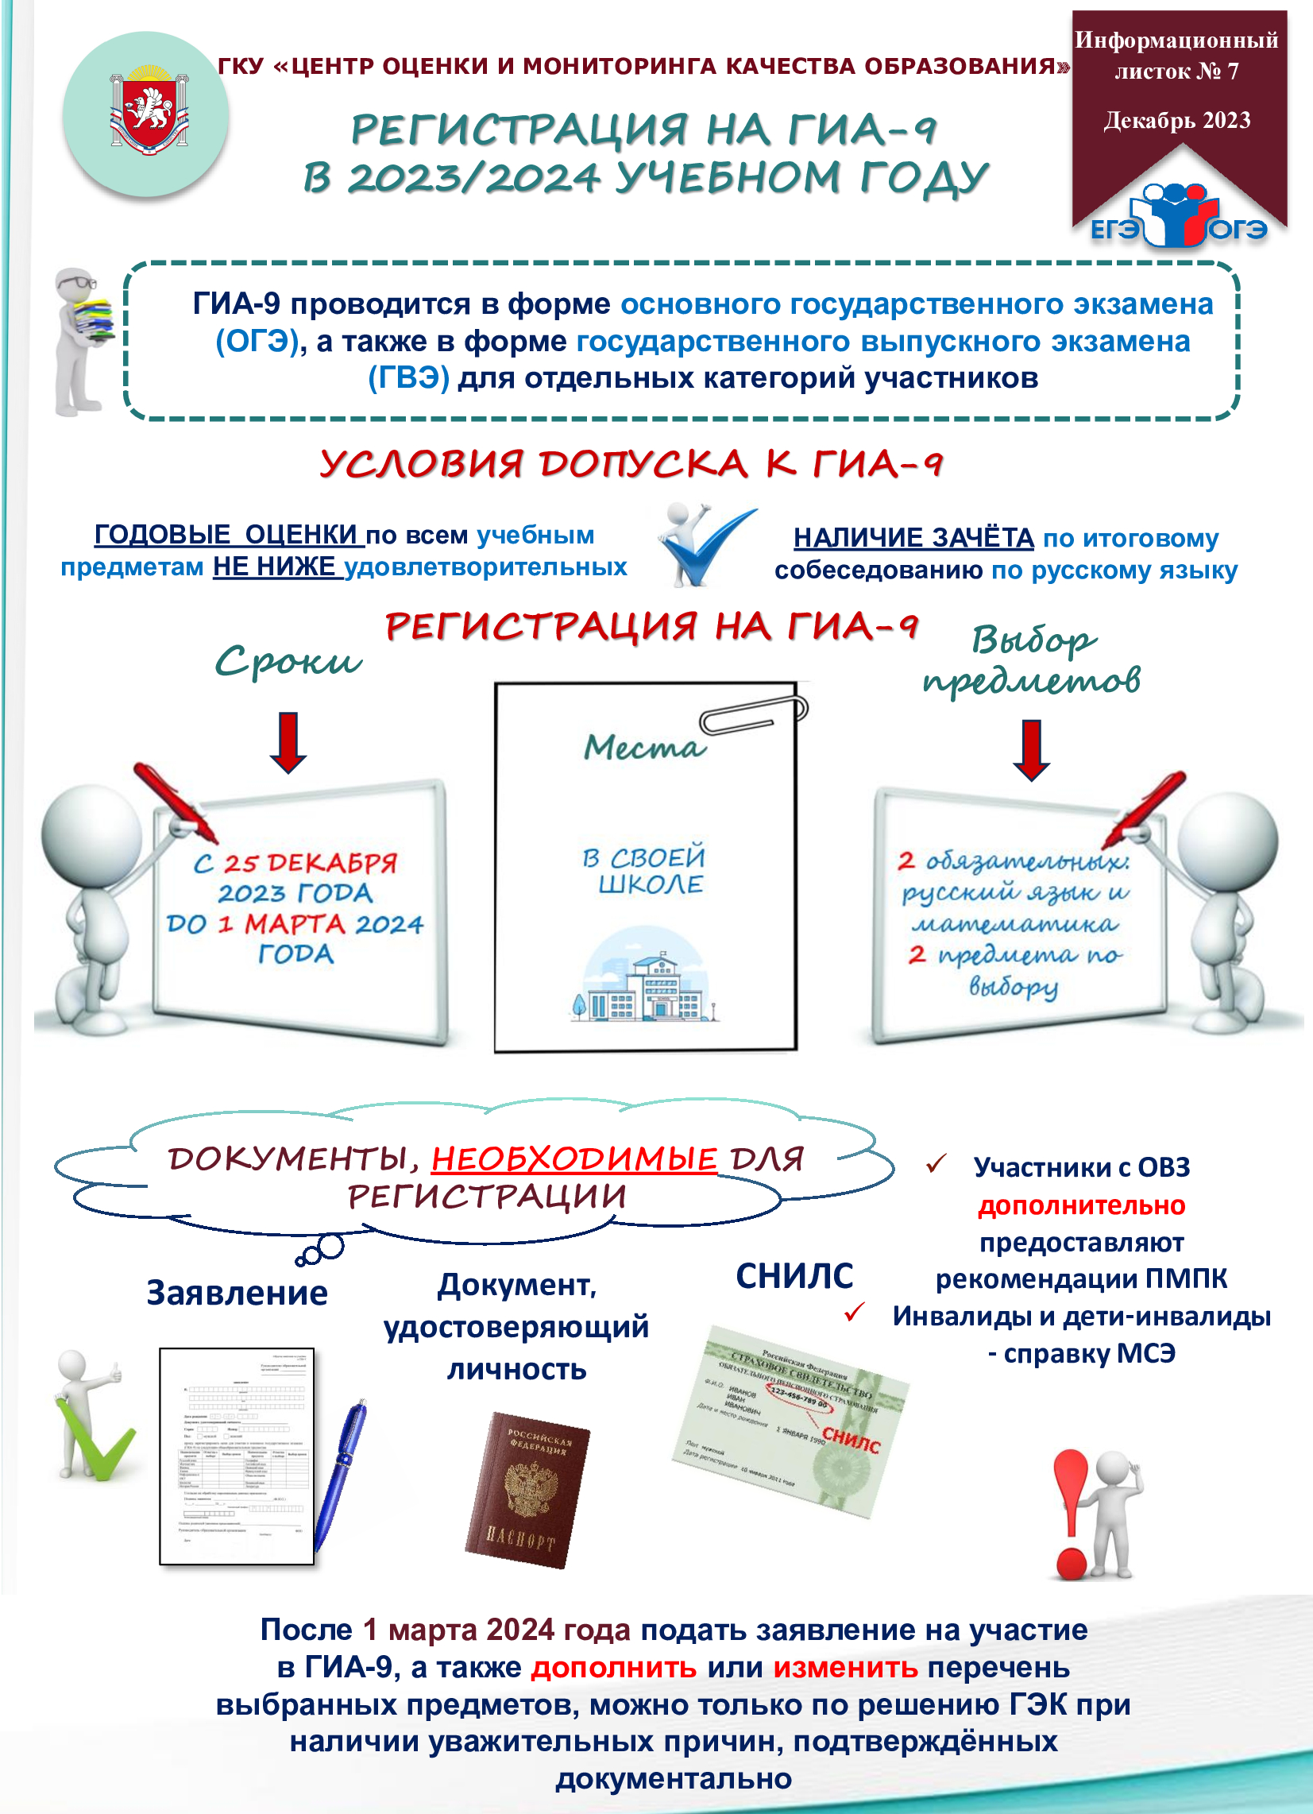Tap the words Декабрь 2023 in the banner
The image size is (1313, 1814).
pyautogui.click(x=1177, y=120)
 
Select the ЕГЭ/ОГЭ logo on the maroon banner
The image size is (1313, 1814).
pyautogui.click(x=1179, y=215)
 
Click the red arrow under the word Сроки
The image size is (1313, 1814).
pyautogui.click(x=288, y=741)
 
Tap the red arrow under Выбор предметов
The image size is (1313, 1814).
pyautogui.click(x=1031, y=748)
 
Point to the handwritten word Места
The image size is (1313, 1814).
pyautogui.click(x=644, y=747)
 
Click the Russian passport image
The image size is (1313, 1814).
pyautogui.click(x=527, y=1488)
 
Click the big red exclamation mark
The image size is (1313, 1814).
pyautogui.click(x=1072, y=1511)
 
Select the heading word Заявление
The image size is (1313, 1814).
pyautogui.click(x=237, y=1293)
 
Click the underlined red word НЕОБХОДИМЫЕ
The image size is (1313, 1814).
pyautogui.click(x=573, y=1158)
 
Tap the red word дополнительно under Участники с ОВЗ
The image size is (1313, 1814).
pyautogui.click(x=1081, y=1205)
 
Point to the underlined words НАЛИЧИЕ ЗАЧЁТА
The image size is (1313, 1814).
pyautogui.click(x=913, y=538)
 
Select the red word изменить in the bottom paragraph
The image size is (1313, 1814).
pyautogui.click(x=844, y=1668)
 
